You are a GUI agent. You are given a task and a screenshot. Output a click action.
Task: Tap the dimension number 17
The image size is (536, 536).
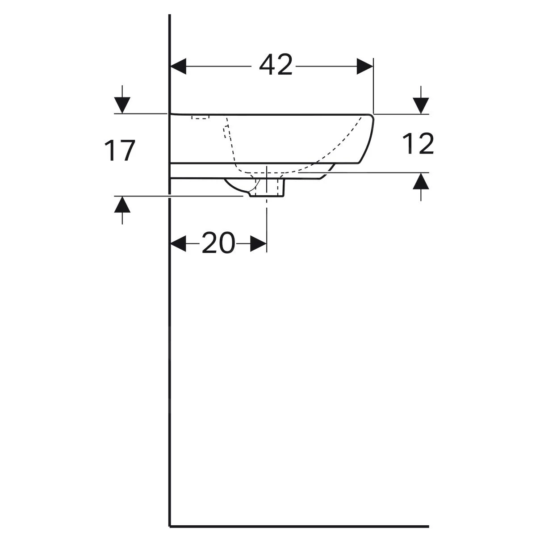coord(120,151)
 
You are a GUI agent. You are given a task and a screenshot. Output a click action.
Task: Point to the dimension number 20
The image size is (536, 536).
coord(218,243)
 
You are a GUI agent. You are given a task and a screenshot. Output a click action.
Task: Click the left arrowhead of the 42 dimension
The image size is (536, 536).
coord(178,67)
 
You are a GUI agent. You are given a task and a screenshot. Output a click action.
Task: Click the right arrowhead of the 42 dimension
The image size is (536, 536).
coord(365,67)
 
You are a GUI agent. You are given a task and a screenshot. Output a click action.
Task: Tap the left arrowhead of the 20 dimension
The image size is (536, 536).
coord(178,244)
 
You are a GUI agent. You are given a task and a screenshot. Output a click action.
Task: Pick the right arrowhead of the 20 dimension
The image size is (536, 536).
coord(259,244)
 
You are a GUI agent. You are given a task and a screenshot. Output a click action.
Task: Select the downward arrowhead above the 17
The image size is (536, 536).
coord(122,105)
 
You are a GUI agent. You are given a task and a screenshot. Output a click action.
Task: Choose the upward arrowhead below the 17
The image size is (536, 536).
coord(122,205)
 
